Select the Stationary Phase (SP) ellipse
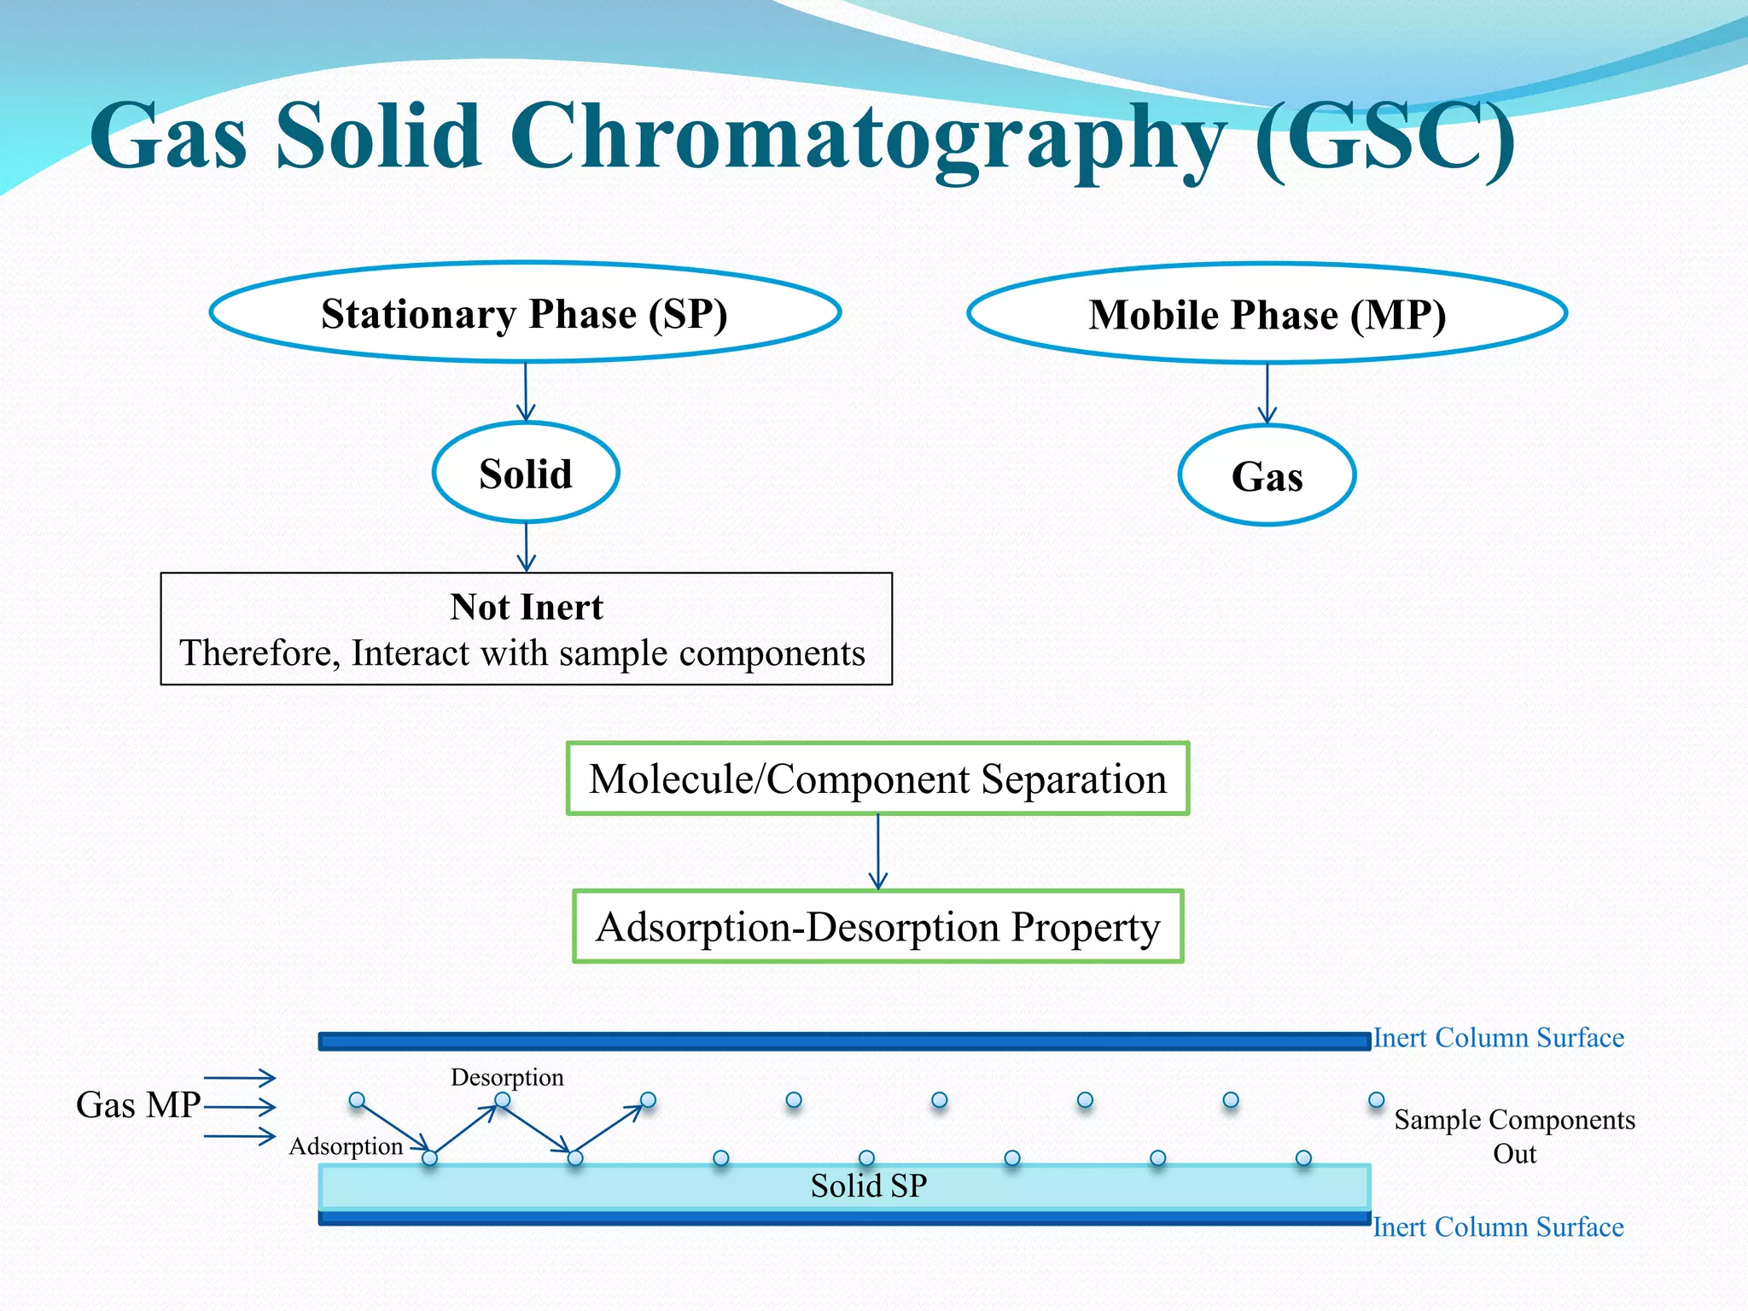pyautogui.click(x=525, y=313)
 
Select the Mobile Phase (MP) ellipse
pyautogui.click(x=1267, y=314)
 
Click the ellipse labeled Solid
pyautogui.click(x=526, y=473)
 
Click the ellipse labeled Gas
pyautogui.click(x=1267, y=475)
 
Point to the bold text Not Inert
pyautogui.click(x=527, y=607)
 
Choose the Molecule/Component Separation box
pyautogui.click(x=877, y=778)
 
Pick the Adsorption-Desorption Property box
pyautogui.click(x=877, y=927)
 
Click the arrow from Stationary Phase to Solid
pyautogui.click(x=526, y=392)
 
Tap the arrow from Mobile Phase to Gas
pyautogui.click(x=1267, y=393)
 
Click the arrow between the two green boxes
pyautogui.click(x=878, y=852)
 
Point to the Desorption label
pyautogui.click(x=507, y=1077)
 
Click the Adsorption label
pyautogui.click(x=346, y=1146)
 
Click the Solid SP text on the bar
pyautogui.click(x=868, y=1186)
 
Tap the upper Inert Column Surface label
pyautogui.click(x=1498, y=1038)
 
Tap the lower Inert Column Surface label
pyautogui.click(x=1498, y=1227)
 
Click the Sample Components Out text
pyautogui.click(x=1514, y=1136)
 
